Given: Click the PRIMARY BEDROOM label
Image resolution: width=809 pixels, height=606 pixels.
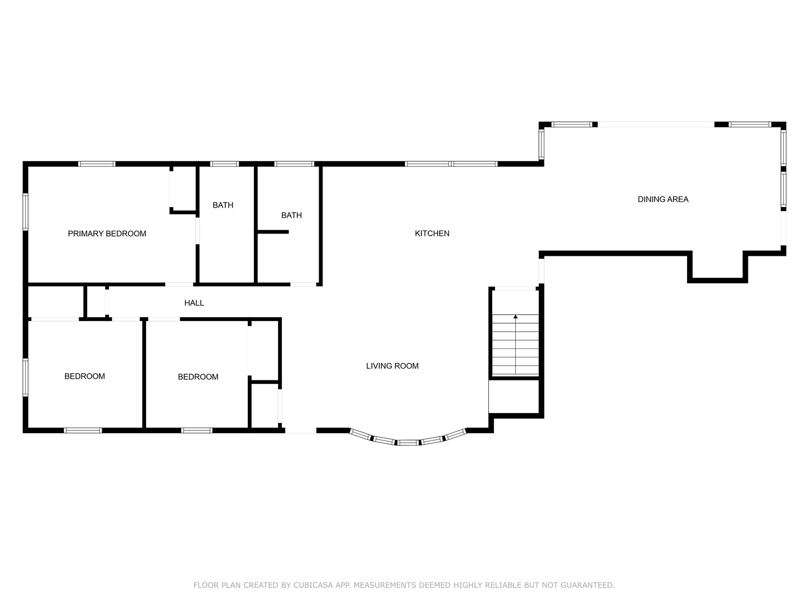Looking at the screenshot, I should coord(107,233).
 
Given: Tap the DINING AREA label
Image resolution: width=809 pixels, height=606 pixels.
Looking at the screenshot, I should coord(663,199).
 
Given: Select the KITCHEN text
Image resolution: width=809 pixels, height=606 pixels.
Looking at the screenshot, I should coord(432,233).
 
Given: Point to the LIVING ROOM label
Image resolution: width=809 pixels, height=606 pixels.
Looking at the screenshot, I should coord(392,366).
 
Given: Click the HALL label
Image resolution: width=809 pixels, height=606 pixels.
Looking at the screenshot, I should coord(194,303).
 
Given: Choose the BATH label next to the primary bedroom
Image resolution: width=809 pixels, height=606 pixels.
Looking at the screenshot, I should coord(223,205).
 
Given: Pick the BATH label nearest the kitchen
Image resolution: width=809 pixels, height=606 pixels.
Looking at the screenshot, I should coord(291,215).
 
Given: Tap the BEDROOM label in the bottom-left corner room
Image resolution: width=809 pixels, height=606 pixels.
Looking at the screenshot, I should coord(84,377).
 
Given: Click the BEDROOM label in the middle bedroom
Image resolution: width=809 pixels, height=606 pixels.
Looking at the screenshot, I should coord(198,377).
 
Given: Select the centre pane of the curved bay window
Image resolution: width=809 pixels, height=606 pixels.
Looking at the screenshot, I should coord(408,443).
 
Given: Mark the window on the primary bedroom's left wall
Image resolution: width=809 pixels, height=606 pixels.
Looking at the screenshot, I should coord(25,212).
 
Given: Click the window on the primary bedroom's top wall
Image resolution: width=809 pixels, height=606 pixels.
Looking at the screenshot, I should coord(97,164).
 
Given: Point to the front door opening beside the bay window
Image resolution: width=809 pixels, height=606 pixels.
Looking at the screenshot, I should coord(301,430).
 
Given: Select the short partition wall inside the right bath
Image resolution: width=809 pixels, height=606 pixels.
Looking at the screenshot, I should coord(273,232).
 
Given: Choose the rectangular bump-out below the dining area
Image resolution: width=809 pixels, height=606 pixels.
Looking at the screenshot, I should coord(717,266).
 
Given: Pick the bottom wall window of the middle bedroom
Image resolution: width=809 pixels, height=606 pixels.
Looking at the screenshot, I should coord(197,430).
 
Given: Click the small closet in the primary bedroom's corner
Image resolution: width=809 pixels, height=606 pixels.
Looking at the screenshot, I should coord(183,189).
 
